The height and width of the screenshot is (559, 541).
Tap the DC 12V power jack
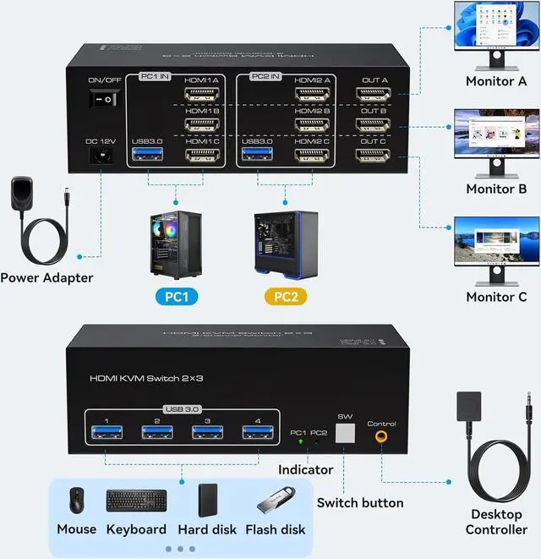tap(102, 156)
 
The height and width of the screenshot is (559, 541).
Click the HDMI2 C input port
tap(312, 156)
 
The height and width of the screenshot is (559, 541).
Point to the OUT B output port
tap(373, 125)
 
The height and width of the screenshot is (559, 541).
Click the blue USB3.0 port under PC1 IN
tap(148, 156)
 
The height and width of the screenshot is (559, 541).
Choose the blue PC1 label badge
tap(175, 296)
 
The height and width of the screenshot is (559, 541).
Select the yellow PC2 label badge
tap(285, 296)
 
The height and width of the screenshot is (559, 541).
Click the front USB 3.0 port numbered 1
tap(106, 433)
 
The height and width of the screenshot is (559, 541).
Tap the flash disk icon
tap(275, 501)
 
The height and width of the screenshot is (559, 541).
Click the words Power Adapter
tap(46, 277)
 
